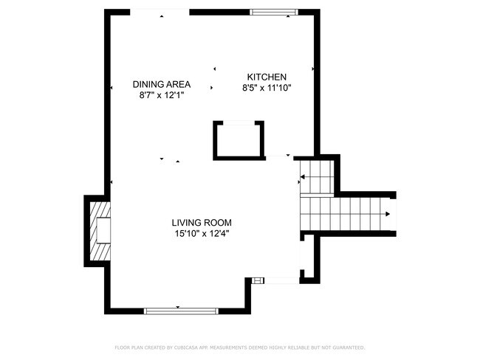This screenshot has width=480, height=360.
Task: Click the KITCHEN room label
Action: click(267, 77)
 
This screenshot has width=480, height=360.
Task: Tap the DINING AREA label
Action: click(162, 84)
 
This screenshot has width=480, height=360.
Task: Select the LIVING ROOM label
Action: click(202, 222)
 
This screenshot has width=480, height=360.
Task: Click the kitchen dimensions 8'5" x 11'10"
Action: click(267, 88)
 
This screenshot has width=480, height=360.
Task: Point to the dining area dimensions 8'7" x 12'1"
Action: click(162, 95)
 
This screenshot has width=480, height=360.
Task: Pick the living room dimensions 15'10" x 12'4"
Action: click(202, 234)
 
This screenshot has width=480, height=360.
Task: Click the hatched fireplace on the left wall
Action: click(100, 231)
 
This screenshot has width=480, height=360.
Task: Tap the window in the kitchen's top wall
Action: click(274, 12)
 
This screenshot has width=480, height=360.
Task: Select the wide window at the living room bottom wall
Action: click(181, 311)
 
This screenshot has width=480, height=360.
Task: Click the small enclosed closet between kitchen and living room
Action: click(239, 140)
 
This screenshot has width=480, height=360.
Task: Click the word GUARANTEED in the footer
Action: click(349, 347)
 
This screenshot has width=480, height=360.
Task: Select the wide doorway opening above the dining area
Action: click(160, 12)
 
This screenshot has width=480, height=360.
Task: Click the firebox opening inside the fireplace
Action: click(103, 231)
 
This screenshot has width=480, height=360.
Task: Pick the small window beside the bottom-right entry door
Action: click(258, 280)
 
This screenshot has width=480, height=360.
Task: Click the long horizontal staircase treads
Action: click(345, 214)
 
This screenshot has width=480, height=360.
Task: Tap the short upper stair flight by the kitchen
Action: click(317, 177)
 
